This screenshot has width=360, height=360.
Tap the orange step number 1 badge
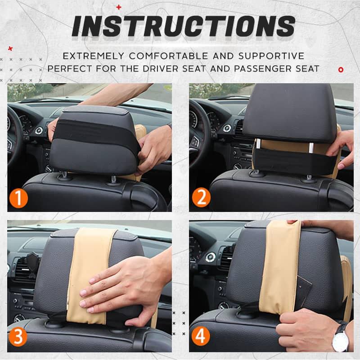coord(18,198)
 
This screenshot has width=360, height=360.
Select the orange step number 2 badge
coord(200,198)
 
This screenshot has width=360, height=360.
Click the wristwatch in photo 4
coord(341,337)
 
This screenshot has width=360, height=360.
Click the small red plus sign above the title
coord(119,7)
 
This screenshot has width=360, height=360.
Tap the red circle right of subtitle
coord(341,69)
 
